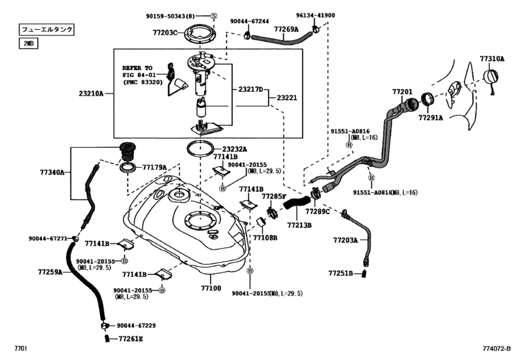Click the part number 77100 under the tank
click(211, 288)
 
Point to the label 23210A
click(91, 93)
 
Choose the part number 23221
click(287, 98)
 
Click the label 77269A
click(286, 29)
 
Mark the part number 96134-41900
click(333, 15)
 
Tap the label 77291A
click(430, 118)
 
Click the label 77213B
click(299, 226)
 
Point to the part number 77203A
click(345, 240)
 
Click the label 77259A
click(49, 273)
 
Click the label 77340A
click(53, 172)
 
